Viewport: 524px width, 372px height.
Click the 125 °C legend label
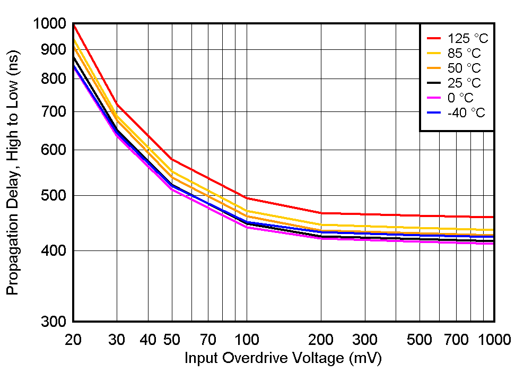[467, 39]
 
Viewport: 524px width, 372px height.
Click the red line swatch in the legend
[434, 38]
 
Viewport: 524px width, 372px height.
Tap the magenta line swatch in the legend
[434, 98]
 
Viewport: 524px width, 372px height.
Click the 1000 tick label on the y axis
[49, 24]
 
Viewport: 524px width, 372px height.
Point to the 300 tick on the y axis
[55, 322]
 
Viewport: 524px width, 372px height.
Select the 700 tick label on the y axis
[55, 112]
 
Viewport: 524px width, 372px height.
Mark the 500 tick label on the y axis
[55, 196]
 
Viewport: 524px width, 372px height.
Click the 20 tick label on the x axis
[73, 340]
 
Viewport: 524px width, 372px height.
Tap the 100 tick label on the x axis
[246, 340]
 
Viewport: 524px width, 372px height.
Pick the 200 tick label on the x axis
[321, 340]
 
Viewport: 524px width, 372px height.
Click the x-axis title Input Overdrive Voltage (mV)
[283, 358]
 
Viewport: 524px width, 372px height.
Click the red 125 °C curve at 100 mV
[246, 198]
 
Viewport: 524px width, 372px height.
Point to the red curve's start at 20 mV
[74, 25]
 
